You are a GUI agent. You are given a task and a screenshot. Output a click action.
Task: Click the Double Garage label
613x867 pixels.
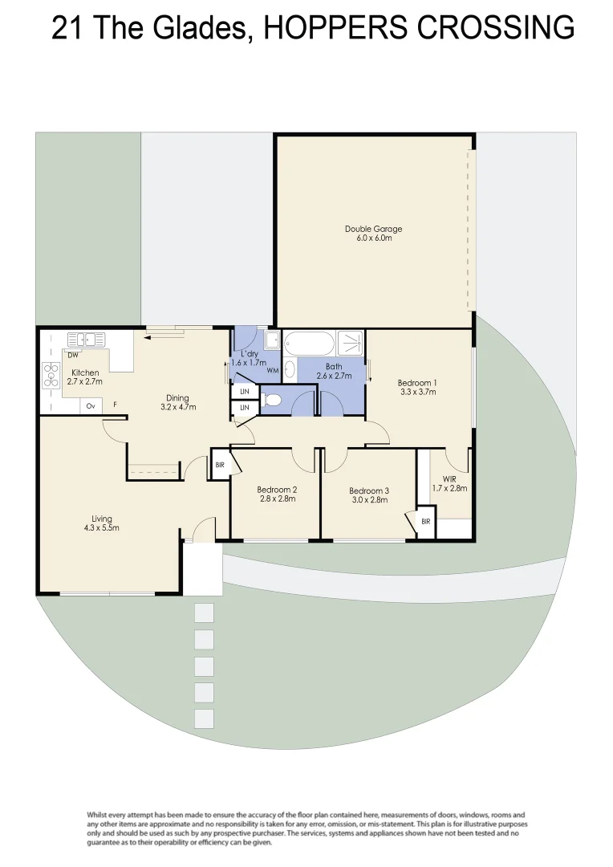373,234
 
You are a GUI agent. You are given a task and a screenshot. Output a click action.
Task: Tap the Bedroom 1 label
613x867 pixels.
417,388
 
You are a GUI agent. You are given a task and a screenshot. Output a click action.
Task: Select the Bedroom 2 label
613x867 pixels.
277,495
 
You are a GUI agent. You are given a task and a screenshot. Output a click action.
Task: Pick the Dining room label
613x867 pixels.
177,402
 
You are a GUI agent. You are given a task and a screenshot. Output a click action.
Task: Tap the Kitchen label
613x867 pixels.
85,377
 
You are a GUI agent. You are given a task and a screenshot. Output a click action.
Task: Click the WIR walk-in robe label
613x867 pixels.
449,483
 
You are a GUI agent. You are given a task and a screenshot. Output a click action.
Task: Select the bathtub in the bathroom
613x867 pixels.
308,343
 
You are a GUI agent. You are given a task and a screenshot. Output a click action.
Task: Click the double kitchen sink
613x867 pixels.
85,340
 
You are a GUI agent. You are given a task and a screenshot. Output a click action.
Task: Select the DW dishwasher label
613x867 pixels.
73,355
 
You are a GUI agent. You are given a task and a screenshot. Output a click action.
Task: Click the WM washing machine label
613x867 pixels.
273,370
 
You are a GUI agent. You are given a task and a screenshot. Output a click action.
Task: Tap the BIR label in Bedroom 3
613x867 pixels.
425,522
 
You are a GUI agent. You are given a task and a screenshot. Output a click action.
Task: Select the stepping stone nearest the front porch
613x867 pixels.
204,613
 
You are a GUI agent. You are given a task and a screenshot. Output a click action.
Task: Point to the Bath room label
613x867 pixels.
334,371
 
